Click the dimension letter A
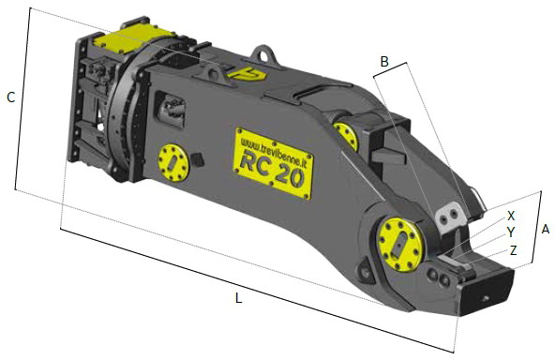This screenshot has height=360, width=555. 546,229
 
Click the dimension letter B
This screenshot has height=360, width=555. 384,61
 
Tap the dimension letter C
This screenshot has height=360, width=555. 11,97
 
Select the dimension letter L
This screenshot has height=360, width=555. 239,298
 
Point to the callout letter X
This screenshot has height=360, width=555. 511,216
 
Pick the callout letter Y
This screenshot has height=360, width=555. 511,232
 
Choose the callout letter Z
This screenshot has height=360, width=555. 513,250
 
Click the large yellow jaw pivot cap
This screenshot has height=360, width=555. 400,245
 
